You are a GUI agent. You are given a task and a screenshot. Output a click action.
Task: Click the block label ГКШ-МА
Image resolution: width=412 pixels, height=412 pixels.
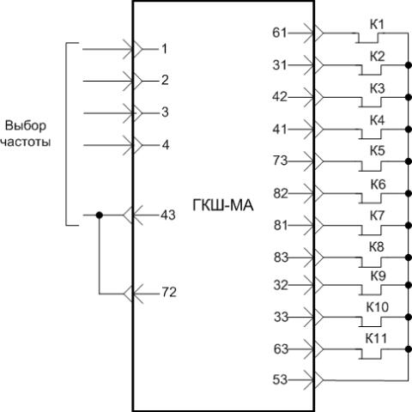223,205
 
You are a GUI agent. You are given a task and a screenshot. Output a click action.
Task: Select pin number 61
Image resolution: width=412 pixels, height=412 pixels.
280,33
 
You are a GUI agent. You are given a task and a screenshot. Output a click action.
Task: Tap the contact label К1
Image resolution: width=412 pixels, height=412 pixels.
377,25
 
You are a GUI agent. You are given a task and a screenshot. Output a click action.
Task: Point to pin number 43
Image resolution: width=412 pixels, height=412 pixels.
168,215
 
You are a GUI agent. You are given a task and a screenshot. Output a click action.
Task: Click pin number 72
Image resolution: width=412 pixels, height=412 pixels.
169,292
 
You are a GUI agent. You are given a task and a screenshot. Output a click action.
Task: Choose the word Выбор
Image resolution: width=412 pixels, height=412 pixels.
26,126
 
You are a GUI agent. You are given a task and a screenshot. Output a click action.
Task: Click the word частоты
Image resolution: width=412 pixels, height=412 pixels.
26,142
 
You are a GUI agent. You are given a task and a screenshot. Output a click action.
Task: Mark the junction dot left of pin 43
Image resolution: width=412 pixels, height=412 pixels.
99,215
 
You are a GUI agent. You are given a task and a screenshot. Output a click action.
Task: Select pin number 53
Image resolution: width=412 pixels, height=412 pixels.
280,379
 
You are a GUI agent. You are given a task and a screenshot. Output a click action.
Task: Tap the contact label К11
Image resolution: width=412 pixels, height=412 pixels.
376,338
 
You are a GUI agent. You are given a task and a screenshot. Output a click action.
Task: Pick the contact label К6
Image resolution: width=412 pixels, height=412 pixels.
378,185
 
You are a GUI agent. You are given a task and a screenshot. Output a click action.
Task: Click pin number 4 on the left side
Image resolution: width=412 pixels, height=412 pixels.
166,145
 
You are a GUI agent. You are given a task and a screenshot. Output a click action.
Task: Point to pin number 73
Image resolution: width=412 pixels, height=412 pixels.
281,161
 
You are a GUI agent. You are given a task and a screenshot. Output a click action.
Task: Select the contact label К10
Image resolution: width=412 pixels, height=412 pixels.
378,307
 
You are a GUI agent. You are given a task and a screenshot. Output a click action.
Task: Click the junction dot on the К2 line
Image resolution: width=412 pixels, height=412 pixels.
409,65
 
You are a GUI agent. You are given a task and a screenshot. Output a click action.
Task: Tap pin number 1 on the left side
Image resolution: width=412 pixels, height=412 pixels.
164,49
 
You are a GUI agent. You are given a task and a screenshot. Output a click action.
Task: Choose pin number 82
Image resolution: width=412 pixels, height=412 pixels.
281,194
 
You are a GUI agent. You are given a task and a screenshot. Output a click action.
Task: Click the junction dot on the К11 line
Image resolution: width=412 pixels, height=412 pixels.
409,349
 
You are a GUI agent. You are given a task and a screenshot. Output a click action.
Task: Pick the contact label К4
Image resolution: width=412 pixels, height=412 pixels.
377,120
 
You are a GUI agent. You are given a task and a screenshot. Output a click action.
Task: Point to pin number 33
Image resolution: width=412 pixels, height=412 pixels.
282,317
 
